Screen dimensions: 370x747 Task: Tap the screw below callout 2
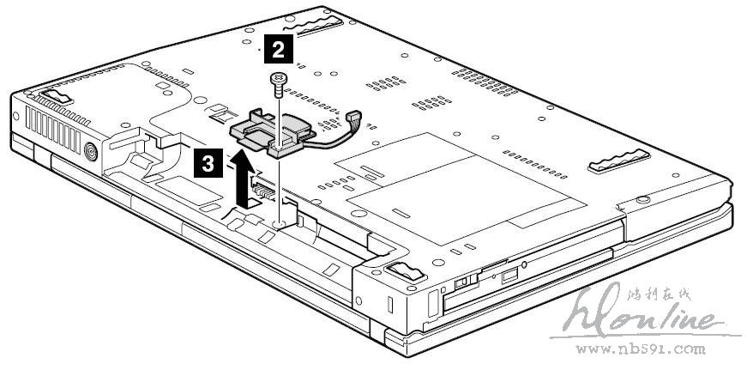[277, 82]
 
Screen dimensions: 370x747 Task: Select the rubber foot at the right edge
[617, 158]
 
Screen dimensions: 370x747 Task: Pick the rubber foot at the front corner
[403, 272]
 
